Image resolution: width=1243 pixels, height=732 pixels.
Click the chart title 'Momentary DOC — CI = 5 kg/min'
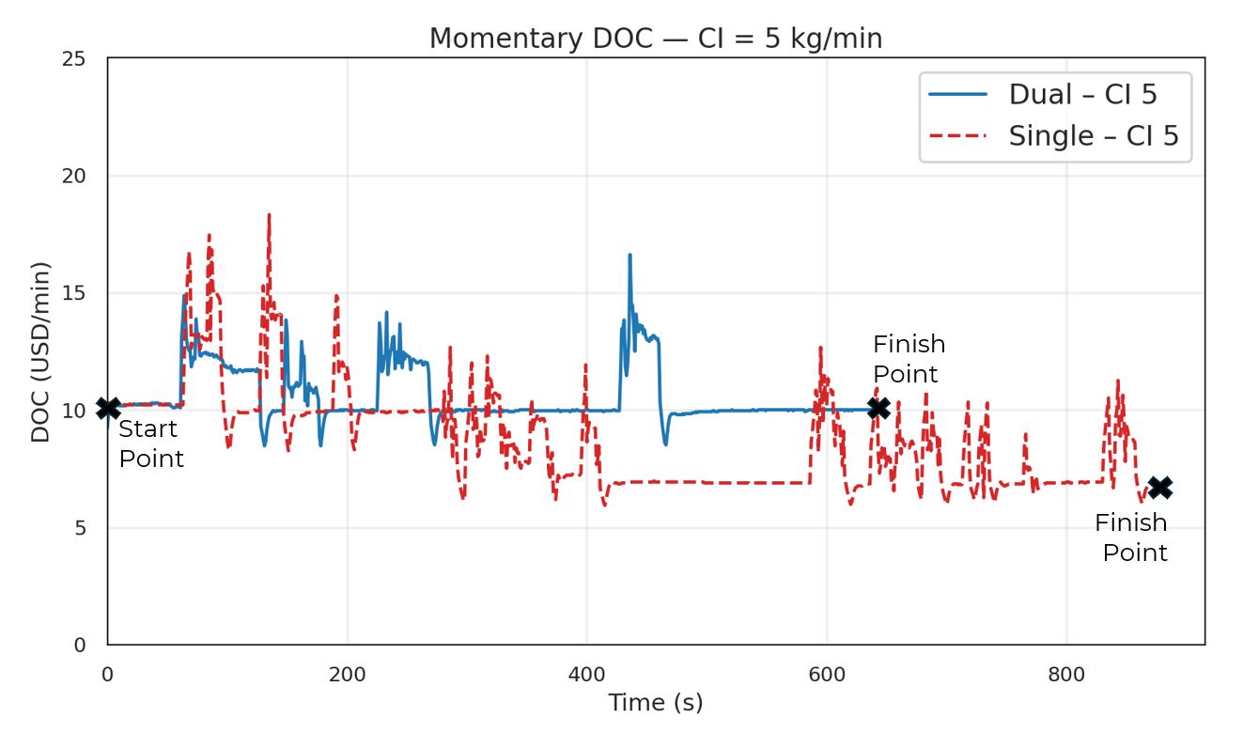[x=655, y=39]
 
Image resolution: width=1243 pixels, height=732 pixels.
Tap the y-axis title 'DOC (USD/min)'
[x=40, y=352]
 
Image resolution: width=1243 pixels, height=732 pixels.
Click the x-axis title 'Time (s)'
[x=655, y=703]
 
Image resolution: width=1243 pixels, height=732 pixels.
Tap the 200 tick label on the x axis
[x=347, y=675]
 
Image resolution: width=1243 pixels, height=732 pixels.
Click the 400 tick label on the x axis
[x=586, y=675]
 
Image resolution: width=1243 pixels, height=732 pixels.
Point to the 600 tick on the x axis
[x=827, y=675]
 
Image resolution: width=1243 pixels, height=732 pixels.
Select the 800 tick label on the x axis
[x=1066, y=675]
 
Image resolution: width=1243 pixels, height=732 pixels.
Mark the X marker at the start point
[x=109, y=408]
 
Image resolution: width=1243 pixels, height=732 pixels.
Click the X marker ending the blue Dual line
[x=878, y=408]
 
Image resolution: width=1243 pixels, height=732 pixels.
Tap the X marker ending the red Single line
[x=1160, y=487]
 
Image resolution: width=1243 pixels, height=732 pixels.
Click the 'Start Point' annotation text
[x=150, y=444]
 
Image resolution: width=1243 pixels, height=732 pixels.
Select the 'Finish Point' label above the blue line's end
[x=909, y=359]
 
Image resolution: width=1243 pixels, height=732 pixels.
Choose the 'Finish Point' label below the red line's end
[x=1131, y=537]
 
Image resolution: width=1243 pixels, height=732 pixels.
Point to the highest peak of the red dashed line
[x=269, y=215]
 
